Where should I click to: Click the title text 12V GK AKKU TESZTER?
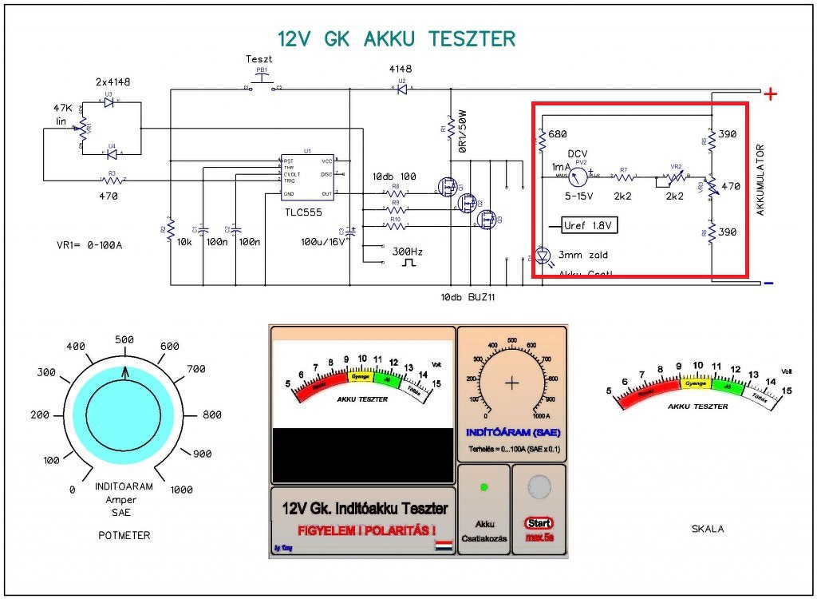[x=396, y=39]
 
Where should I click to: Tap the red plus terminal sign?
[x=771, y=94]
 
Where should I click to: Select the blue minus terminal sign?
[x=768, y=283]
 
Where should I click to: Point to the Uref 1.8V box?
[x=590, y=226]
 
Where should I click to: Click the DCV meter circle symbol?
[x=580, y=172]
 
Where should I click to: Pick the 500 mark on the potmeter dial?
[x=124, y=339]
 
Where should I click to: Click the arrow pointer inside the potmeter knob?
[x=124, y=373]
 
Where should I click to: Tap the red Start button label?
[x=539, y=523]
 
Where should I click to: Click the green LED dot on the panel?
[x=483, y=486]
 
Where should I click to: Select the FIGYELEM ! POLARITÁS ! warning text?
[x=367, y=530]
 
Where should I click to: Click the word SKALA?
[x=708, y=528]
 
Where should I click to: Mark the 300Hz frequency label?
[x=408, y=252]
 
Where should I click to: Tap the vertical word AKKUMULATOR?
[x=760, y=180]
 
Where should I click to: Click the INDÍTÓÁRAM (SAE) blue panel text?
[x=511, y=433]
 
